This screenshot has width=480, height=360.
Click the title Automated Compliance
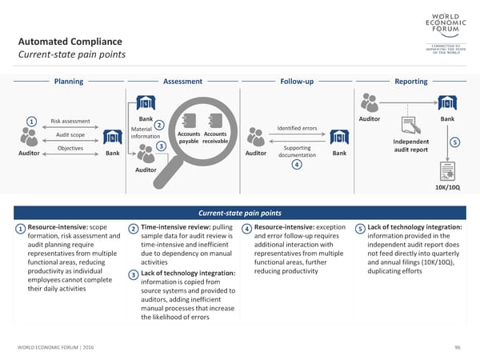click(x=70, y=42)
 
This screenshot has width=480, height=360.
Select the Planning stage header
click(x=68, y=82)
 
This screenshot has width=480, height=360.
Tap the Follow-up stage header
click(x=297, y=82)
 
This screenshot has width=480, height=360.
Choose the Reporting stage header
click(x=411, y=82)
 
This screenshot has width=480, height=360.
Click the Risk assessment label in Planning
click(x=70, y=122)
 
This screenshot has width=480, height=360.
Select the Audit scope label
click(x=70, y=134)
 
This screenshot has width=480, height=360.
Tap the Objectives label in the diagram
click(x=70, y=148)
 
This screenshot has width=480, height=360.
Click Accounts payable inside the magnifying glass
click(x=189, y=138)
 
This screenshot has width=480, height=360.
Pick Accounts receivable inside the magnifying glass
click(x=216, y=138)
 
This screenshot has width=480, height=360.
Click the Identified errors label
click(x=297, y=129)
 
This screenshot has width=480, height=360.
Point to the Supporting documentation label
click(x=297, y=152)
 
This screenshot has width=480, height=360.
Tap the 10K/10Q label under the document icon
click(x=447, y=187)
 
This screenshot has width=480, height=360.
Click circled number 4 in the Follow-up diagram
click(x=296, y=165)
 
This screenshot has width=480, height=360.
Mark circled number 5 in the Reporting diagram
click(x=455, y=142)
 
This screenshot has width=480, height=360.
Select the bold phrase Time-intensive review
click(x=176, y=228)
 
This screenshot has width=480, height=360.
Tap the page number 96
click(x=458, y=346)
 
